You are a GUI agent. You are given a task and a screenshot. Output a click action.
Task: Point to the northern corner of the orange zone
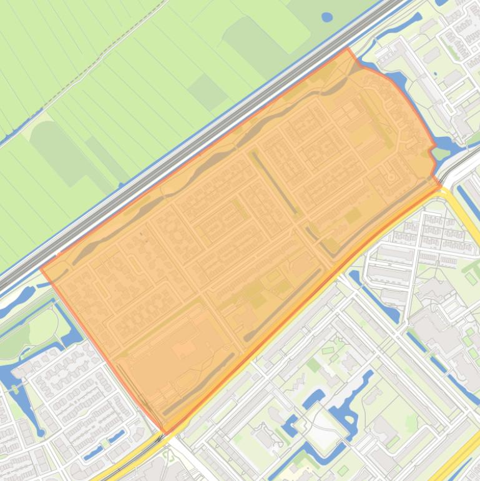click(348, 48)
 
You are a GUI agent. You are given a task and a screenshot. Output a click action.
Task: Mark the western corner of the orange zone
click(41, 269)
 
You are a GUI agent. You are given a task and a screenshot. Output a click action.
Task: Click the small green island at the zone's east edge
click(441, 152)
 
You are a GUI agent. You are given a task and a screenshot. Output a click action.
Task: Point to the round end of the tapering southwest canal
click(41, 431)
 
